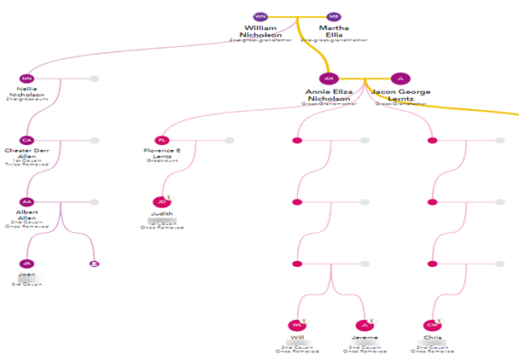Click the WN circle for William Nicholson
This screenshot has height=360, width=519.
(260, 16)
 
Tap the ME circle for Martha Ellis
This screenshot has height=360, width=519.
(334, 16)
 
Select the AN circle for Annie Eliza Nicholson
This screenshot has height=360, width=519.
(329, 78)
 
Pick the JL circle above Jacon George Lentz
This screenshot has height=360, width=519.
(401, 78)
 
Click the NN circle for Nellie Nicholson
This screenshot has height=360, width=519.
(26, 78)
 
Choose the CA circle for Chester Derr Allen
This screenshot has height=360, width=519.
(26, 140)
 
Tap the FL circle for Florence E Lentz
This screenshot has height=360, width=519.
(162, 140)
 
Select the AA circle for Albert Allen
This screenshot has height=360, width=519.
(26, 202)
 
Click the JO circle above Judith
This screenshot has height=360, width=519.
(162, 202)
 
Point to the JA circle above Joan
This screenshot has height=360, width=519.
(26, 264)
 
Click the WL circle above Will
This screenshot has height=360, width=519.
(297, 325)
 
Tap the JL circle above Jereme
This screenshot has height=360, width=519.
(365, 325)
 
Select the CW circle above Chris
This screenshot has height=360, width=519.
(432, 325)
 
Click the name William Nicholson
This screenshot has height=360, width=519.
(260, 32)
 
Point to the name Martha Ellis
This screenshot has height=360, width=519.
(334, 32)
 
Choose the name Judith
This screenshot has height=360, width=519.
(162, 213)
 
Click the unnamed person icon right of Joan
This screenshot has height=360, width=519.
(94, 264)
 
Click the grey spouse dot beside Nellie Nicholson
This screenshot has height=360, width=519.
(94, 78)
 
